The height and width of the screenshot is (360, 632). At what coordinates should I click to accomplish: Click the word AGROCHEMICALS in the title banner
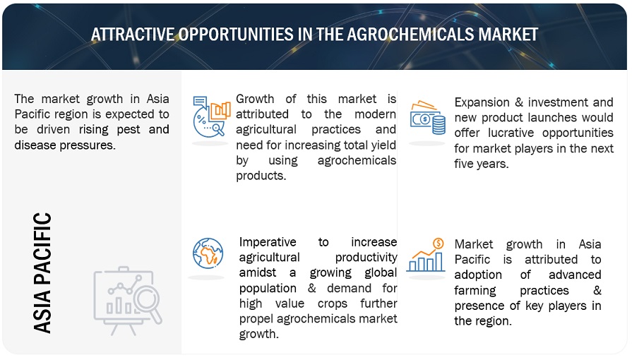pos(410,35)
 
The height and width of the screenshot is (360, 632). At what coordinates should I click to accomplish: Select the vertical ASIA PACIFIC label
pos(42,273)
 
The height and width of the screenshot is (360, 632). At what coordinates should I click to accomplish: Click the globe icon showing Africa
pos(208,253)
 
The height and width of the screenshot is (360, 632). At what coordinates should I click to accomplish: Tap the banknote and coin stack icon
pos(428,118)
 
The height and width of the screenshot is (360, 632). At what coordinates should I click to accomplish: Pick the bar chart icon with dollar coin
pos(426,255)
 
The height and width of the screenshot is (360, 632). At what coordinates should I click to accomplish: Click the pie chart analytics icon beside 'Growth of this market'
pos(211,116)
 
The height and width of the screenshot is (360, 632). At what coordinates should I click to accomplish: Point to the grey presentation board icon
pos(127,300)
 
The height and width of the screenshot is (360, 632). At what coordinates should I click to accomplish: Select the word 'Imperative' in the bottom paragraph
pos(268,242)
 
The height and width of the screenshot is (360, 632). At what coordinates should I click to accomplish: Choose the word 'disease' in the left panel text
pos(35,145)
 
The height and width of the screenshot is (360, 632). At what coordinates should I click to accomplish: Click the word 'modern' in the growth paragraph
pos(375,114)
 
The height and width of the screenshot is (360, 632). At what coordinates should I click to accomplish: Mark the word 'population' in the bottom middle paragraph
pos(268,289)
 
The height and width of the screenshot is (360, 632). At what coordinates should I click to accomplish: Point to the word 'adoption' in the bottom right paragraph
pos(478,275)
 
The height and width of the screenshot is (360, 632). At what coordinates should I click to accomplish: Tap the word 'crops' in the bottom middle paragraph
pos(332,304)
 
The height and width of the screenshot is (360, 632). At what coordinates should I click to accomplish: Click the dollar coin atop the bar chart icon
pos(438,243)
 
